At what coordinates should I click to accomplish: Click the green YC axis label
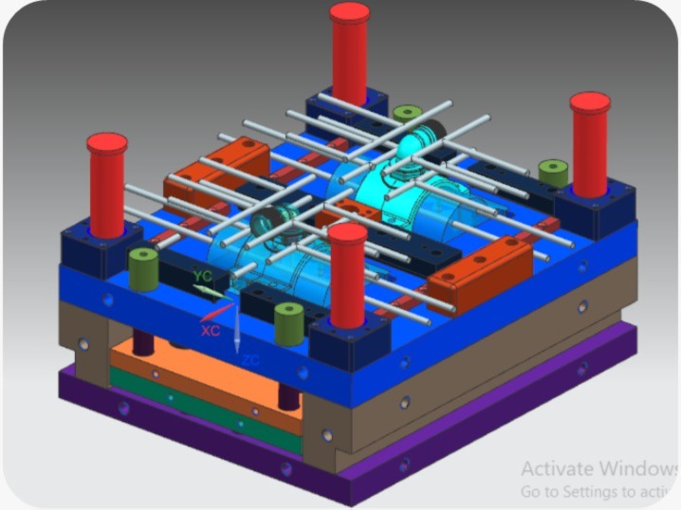coord(201,275)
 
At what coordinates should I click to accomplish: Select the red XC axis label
coord(211,330)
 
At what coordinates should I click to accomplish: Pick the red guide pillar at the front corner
coord(348,270)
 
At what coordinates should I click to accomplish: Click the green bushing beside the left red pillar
coord(143,269)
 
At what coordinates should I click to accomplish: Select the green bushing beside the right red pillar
coord(553,173)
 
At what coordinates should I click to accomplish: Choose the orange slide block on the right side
coord(480,274)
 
